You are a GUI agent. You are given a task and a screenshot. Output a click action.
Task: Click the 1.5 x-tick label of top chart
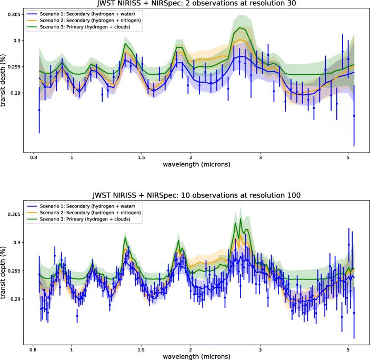(141, 157)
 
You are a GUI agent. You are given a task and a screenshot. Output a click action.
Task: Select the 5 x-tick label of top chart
(348, 157)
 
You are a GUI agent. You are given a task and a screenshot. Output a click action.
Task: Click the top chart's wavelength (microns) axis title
(196, 165)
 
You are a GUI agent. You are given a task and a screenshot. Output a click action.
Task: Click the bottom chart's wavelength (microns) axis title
(196, 356)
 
